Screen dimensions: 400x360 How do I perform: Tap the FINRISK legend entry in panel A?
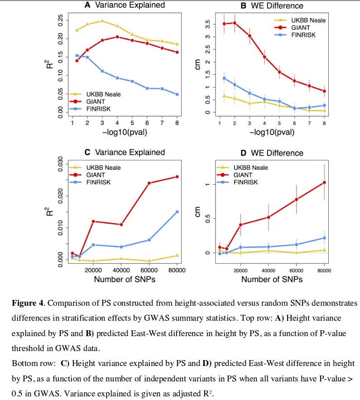pos(98,109)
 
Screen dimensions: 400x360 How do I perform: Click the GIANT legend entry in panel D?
pos(246,175)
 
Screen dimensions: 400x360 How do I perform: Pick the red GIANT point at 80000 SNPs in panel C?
pos(177,177)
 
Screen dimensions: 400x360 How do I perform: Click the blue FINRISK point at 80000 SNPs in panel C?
pos(177,212)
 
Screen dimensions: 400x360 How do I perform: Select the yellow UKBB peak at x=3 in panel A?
pos(102,21)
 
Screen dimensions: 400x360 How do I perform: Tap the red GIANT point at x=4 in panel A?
pos(117,37)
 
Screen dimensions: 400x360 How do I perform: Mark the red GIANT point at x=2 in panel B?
pos(235,23)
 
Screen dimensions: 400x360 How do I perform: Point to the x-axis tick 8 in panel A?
pos(177,123)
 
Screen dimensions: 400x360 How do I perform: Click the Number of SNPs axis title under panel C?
pos(125,280)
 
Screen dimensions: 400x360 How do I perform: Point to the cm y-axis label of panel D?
pos(198,212)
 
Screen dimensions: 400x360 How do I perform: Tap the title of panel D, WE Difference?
pos(278,153)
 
